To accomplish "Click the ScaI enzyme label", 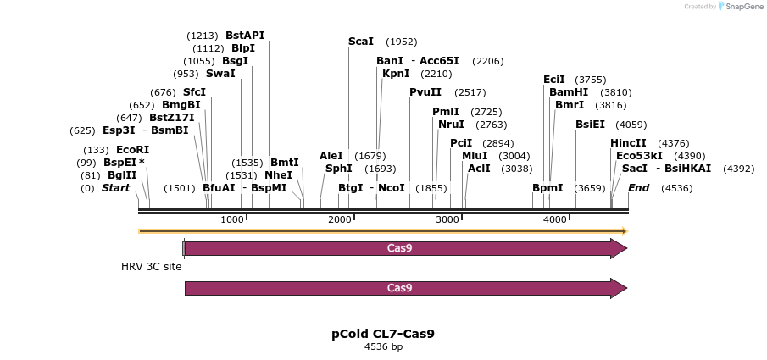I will pyautogui.click(x=360, y=42).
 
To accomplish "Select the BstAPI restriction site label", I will pyautogui.click(x=245, y=36).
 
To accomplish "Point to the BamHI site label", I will pyautogui.click(x=569, y=92).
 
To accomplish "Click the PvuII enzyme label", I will pyautogui.click(x=425, y=92).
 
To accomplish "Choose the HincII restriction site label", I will pyautogui.click(x=628, y=143).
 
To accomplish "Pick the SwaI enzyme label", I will pyautogui.click(x=220, y=74).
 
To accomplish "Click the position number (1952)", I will pyautogui.click(x=401, y=42).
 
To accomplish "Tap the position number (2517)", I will pyautogui.click(x=470, y=92).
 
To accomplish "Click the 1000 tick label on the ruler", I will pyautogui.click(x=232, y=220).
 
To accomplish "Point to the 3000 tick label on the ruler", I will pyautogui.click(x=447, y=220).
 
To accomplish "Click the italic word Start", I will pyautogui.click(x=115, y=188).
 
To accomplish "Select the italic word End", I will pyautogui.click(x=638, y=188).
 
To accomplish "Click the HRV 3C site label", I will pyautogui.click(x=151, y=266).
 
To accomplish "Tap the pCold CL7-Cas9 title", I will pyautogui.click(x=383, y=334).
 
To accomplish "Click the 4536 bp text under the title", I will pyautogui.click(x=383, y=346).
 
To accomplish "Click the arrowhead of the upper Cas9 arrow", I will pyautogui.click(x=620, y=248).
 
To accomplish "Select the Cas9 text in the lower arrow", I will pyautogui.click(x=399, y=288).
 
